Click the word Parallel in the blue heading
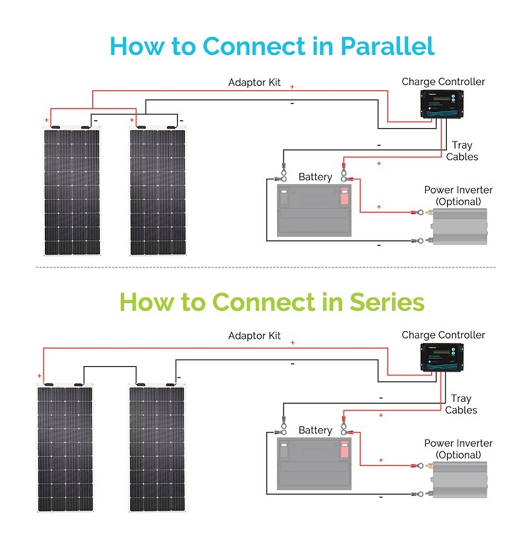pyautogui.click(x=387, y=46)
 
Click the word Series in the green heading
pyautogui.click(x=387, y=302)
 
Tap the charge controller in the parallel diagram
pyautogui.click(x=442, y=104)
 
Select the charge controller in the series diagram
pyautogui.click(x=442, y=358)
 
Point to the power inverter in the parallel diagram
pyautogui.click(x=460, y=226)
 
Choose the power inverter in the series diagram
pyautogui.click(x=460, y=480)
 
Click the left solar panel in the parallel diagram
pyautogui.click(x=72, y=192)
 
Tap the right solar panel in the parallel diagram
pyautogui.click(x=157, y=192)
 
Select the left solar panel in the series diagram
pyautogui.click(x=65, y=449)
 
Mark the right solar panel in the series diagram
pyautogui.click(x=157, y=449)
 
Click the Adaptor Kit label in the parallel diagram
pyautogui.click(x=254, y=83)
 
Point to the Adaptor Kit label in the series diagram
pyautogui.click(x=254, y=336)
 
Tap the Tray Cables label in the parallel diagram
pyautogui.click(x=462, y=151)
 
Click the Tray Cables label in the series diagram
pyautogui.click(x=461, y=404)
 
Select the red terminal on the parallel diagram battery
pyautogui.click(x=344, y=196)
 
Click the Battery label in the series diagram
pyautogui.click(x=315, y=430)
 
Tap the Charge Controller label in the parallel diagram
pyautogui.click(x=443, y=82)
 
